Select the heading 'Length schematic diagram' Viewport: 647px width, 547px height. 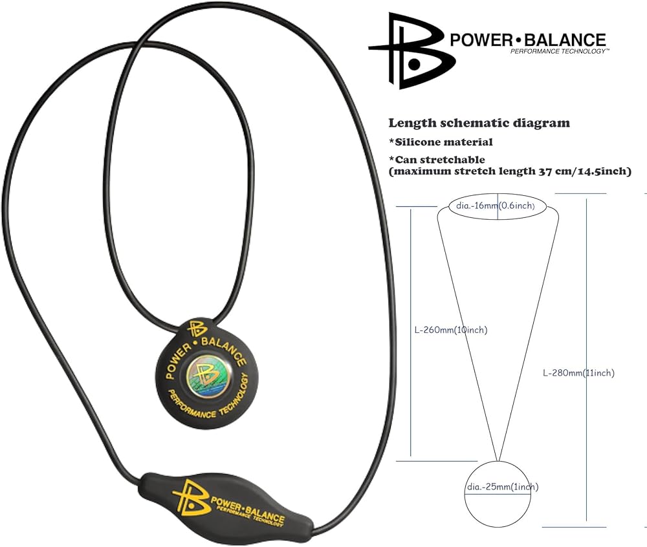coord(479,123)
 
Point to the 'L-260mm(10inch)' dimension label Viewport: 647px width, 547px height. coord(450,330)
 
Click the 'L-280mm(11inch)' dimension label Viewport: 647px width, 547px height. coord(578,372)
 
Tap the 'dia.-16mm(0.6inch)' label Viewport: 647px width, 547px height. coord(498,206)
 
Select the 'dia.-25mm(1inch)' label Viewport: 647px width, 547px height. coord(501,487)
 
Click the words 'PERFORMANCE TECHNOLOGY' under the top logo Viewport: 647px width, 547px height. coord(559,50)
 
